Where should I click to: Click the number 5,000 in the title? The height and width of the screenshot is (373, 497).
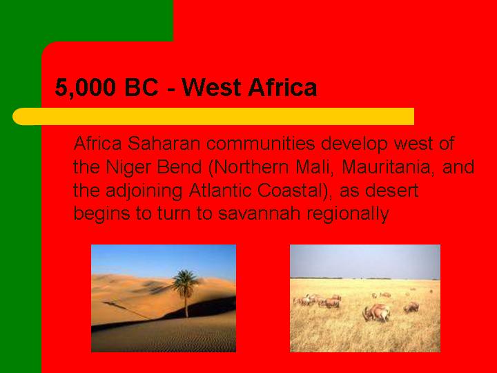(x=86, y=88)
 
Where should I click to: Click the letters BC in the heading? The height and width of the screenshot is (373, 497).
(x=141, y=87)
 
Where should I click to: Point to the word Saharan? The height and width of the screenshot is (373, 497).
(x=164, y=144)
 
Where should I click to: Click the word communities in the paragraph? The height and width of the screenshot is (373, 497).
(x=260, y=144)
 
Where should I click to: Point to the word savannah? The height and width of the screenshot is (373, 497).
(x=260, y=213)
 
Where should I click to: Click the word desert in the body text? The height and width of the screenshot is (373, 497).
(x=392, y=191)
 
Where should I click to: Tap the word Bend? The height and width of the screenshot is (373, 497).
(x=179, y=167)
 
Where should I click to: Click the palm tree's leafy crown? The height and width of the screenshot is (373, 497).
(x=186, y=283)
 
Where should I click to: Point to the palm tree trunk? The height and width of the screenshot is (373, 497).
(x=186, y=307)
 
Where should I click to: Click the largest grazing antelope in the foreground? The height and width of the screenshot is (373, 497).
(x=377, y=313)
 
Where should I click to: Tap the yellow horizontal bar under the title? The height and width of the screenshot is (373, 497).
(x=213, y=117)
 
